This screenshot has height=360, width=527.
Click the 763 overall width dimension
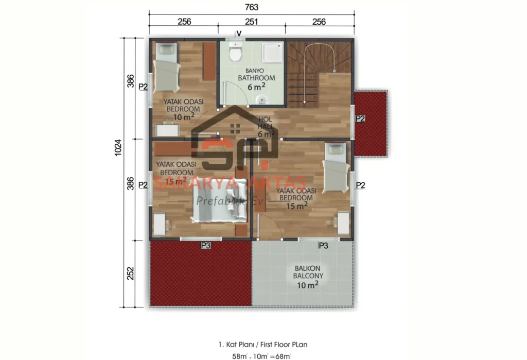pos(252,7)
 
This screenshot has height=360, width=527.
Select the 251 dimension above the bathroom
pos(252,22)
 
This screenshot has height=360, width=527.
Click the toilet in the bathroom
pos(236,53)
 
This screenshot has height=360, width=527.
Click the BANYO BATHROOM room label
pos(256,78)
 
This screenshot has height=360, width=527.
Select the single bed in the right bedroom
pos(336,167)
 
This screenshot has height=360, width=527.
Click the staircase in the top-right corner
pos(319,72)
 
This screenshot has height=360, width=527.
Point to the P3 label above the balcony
pos(323,246)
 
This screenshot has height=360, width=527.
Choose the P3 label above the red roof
pos(205,246)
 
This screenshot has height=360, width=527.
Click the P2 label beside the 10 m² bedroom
pos(144,87)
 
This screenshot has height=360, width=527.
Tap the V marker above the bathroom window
pos(239,33)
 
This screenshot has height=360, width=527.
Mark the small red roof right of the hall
pos(371,123)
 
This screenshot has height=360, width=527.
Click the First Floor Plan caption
pos(263,344)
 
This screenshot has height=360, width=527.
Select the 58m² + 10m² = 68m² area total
pos(263,355)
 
